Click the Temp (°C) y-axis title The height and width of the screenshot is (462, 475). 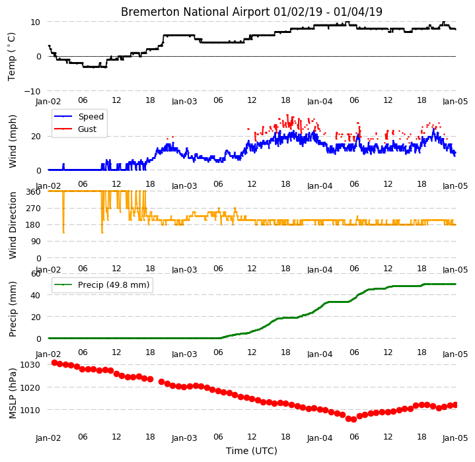tap(11, 57)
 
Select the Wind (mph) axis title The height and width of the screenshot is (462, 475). tap(12, 141)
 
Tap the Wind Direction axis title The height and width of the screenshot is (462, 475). tap(12, 225)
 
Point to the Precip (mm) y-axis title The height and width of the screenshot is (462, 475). tap(12, 309)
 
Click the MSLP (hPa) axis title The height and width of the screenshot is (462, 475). tap(12, 393)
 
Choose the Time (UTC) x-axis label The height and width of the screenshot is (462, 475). tap(252, 451)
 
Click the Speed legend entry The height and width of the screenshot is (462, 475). tap(91, 116)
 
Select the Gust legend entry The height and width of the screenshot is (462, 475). tap(87, 129)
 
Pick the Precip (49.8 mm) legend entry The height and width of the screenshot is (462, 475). tap(114, 285)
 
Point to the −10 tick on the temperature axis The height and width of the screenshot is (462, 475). tap(32, 91)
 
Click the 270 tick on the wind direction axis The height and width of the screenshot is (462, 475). tap(34, 208)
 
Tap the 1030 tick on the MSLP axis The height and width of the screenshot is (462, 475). tap(30, 364)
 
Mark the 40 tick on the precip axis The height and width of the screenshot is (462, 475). tap(36, 295)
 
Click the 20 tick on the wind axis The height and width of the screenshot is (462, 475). tap(36, 137)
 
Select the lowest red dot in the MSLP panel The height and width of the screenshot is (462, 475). tap(353, 419)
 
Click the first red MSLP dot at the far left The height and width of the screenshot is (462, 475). tap(54, 362)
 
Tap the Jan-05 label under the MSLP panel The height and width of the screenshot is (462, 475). tap(455, 438)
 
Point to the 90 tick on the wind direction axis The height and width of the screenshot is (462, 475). tap(36, 242)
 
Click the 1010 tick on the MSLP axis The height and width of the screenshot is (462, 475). tap(30, 411)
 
